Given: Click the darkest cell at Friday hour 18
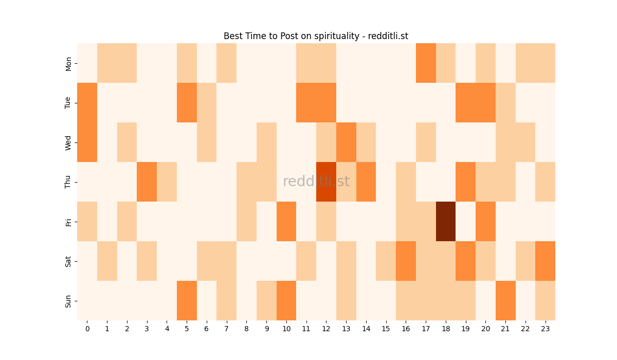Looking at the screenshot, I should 446,222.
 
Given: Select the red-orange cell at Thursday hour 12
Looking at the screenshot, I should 326,182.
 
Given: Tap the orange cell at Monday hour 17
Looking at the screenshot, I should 426,63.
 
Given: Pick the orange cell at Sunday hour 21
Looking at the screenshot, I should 505,300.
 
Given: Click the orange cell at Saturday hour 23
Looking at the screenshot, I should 545,261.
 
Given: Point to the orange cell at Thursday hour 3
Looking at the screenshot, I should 147,182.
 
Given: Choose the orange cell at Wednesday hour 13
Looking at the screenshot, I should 346,142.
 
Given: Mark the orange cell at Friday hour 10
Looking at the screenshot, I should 286,222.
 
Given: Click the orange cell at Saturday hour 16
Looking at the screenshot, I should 406,261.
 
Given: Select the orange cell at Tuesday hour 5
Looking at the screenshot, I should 187,103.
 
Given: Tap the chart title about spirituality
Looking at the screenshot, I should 316,36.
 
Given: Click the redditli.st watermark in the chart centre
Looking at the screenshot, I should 316,182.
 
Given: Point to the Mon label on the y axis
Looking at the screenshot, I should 68,63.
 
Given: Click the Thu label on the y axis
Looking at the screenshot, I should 68,182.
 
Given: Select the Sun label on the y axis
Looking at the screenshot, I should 68,300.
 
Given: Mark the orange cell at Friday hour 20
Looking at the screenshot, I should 485,222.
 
